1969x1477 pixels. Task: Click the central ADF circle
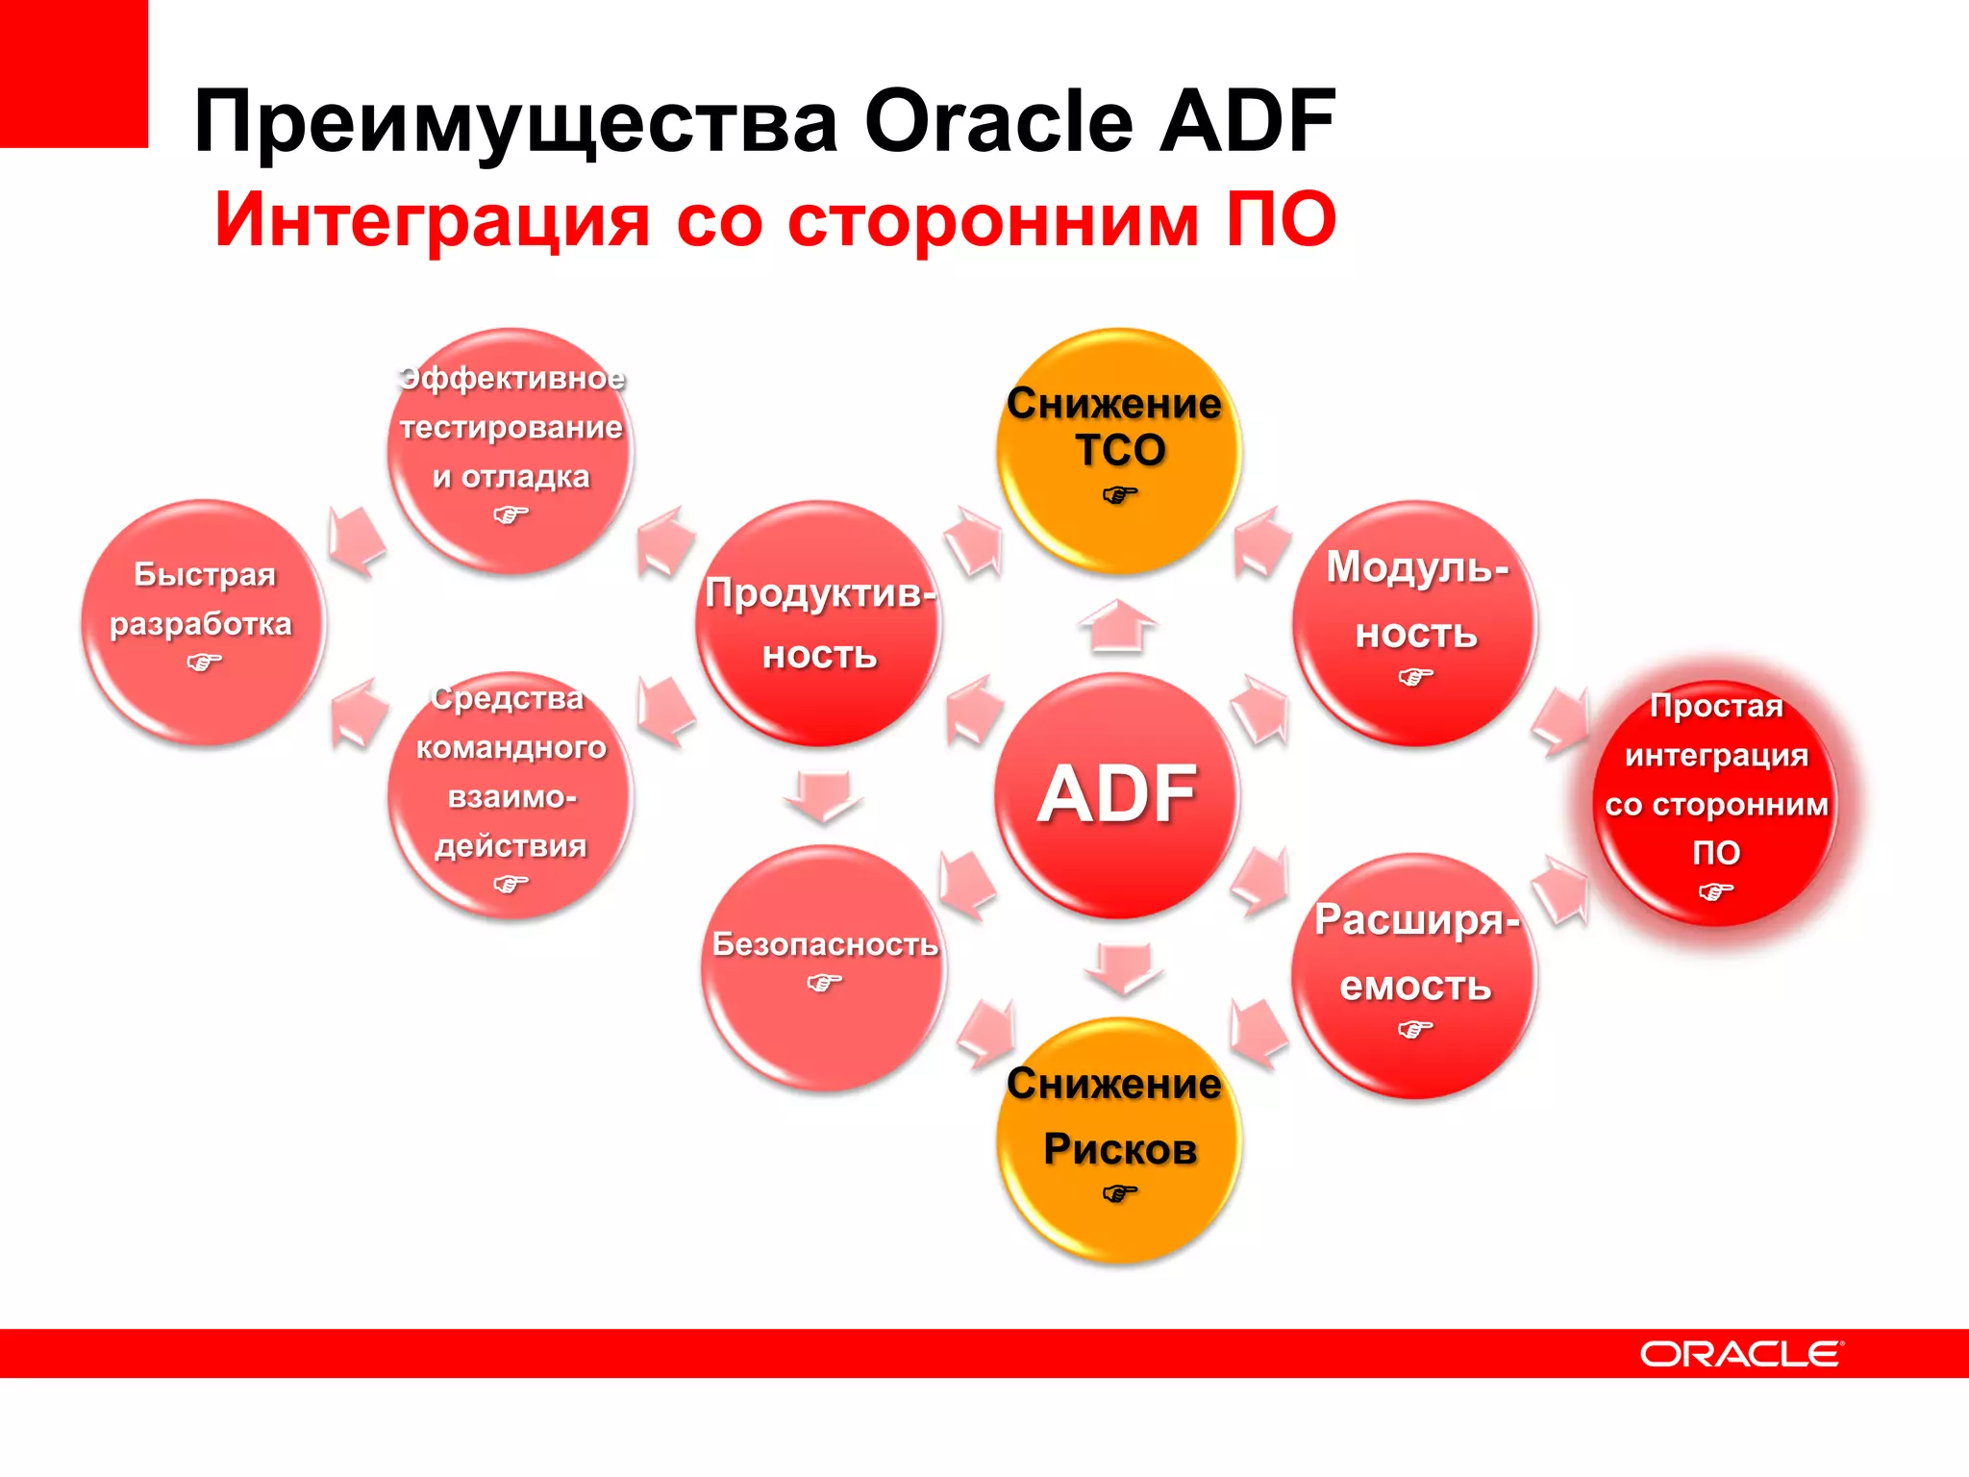pyautogui.click(x=1117, y=794)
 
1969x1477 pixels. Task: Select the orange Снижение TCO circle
pyautogui.click(x=1118, y=451)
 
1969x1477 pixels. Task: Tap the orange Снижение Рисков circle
pyautogui.click(x=1118, y=1139)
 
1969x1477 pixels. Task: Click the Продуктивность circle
pyautogui.click(x=819, y=623)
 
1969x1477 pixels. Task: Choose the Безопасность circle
pyautogui.click(x=824, y=966)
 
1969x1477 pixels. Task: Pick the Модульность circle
pyautogui.click(x=1415, y=623)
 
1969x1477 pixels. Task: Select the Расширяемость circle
pyautogui.click(x=1414, y=975)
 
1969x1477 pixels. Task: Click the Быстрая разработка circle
pyautogui.click(x=204, y=621)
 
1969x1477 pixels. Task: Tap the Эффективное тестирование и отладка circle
pyautogui.click(x=511, y=451)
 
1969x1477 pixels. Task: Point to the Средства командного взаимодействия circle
pyautogui.click(x=511, y=794)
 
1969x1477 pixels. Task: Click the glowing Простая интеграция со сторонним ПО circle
pyautogui.click(x=1715, y=804)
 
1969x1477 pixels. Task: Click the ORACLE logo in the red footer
pyautogui.click(x=1740, y=1354)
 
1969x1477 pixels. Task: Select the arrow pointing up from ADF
pyautogui.click(x=1117, y=625)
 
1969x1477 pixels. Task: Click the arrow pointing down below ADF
pyautogui.click(x=1123, y=967)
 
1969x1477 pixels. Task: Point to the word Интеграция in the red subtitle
pyautogui.click(x=433, y=220)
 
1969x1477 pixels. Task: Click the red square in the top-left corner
pyautogui.click(x=73, y=73)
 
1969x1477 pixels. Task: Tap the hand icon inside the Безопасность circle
pyautogui.click(x=824, y=983)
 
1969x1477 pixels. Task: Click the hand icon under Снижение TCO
pyautogui.click(x=1119, y=495)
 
